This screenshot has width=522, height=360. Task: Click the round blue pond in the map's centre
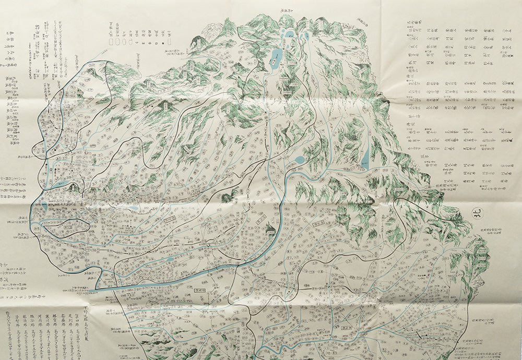point(300,159)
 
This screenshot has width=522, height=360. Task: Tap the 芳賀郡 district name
point(17,321)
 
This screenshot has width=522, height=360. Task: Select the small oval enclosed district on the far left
point(68,229)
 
